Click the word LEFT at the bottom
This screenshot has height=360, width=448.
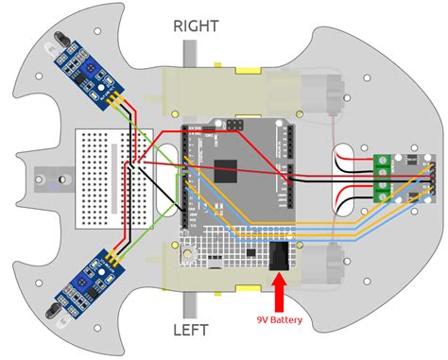point(197,331)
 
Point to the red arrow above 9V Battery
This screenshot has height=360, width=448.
point(279,291)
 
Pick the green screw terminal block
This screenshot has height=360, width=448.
point(385,178)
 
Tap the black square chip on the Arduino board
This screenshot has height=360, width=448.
point(227,171)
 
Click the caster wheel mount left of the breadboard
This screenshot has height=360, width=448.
point(50,176)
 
